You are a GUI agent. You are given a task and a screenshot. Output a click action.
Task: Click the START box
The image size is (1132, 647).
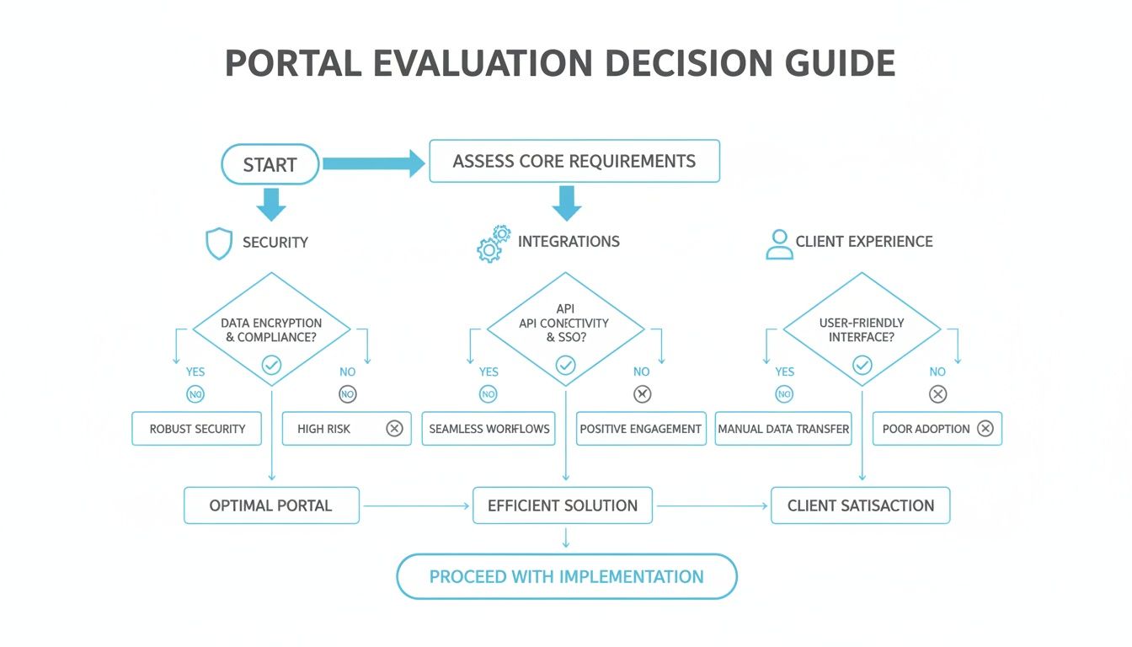pos(270,164)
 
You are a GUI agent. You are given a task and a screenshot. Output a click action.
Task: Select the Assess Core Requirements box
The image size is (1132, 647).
pos(574,161)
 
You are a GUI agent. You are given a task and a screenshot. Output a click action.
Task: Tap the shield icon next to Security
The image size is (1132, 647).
pos(218,243)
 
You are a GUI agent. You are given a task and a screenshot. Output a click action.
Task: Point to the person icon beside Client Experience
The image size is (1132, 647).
pos(779,243)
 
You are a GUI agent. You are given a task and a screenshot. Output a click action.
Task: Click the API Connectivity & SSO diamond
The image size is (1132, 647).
pos(565,329)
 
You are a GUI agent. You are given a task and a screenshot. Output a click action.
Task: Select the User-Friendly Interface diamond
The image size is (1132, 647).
pos(862,329)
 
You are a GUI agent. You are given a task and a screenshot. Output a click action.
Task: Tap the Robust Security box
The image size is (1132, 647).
pos(197,429)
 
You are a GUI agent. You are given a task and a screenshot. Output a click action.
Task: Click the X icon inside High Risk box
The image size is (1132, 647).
pos(394,429)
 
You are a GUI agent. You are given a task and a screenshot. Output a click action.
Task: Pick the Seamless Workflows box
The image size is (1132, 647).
pos(489,429)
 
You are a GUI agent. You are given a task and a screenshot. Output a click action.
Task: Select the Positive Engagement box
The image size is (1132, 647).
pos(641,429)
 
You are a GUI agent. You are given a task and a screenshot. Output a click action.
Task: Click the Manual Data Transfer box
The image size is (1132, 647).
pos(783,429)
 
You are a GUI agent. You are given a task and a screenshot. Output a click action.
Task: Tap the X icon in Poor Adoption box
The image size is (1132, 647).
pos(985,429)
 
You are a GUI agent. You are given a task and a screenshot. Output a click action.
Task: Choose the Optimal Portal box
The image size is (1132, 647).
pos(271,505)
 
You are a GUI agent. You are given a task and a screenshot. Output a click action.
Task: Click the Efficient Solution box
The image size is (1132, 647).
pos(563,505)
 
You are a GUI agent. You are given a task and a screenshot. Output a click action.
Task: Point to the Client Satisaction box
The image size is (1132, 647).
pos(860,505)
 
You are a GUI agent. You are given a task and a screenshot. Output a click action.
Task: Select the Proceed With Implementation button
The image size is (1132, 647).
pos(567,577)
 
